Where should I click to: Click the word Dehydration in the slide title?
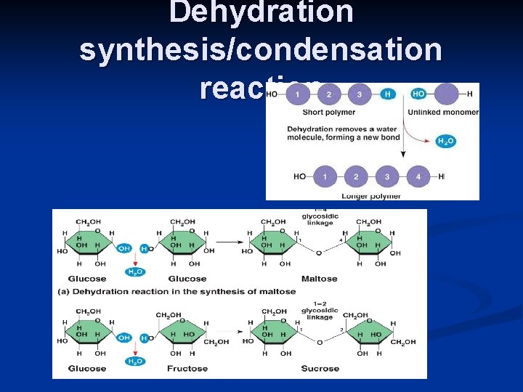[x=261, y=12]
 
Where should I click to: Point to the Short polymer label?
[x=328, y=112]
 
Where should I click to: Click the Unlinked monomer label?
[x=443, y=112]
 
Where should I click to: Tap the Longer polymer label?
[x=371, y=195]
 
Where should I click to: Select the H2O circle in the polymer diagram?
[x=446, y=141]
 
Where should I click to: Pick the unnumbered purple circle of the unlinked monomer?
[x=447, y=94]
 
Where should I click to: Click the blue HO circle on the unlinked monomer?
[x=418, y=94]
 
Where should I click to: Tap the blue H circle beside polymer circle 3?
[x=388, y=94]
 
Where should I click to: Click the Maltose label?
[x=320, y=279]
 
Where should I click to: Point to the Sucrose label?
[x=320, y=369]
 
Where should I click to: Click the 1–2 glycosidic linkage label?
[x=320, y=311]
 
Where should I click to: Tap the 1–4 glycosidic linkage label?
[x=320, y=218]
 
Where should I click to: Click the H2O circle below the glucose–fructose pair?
[x=135, y=361]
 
